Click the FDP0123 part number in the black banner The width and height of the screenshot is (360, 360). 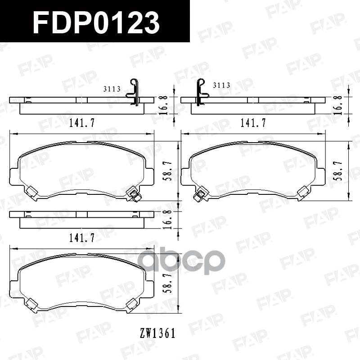pyautogui.click(x=96, y=22)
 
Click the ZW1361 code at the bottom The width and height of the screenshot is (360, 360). pyautogui.click(x=157, y=333)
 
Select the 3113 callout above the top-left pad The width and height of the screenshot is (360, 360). pyautogui.click(x=112, y=89)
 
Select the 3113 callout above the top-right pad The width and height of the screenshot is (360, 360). pyautogui.click(x=221, y=85)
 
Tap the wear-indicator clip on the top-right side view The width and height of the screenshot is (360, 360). pyautogui.click(x=200, y=92)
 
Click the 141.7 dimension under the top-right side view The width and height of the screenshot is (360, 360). pyautogui.click(x=253, y=122)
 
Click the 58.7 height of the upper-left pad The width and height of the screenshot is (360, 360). pyautogui.click(x=167, y=171)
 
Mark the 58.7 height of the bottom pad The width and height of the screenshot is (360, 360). pyautogui.click(x=167, y=283)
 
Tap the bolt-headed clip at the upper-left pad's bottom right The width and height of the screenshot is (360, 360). pyautogui.click(x=134, y=194)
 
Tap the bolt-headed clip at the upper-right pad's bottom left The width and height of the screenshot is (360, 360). pyautogui.click(x=198, y=195)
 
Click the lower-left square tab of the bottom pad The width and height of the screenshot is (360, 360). pyautogui.click(x=30, y=305)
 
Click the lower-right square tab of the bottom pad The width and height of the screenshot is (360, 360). pyautogui.click(x=133, y=305)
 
